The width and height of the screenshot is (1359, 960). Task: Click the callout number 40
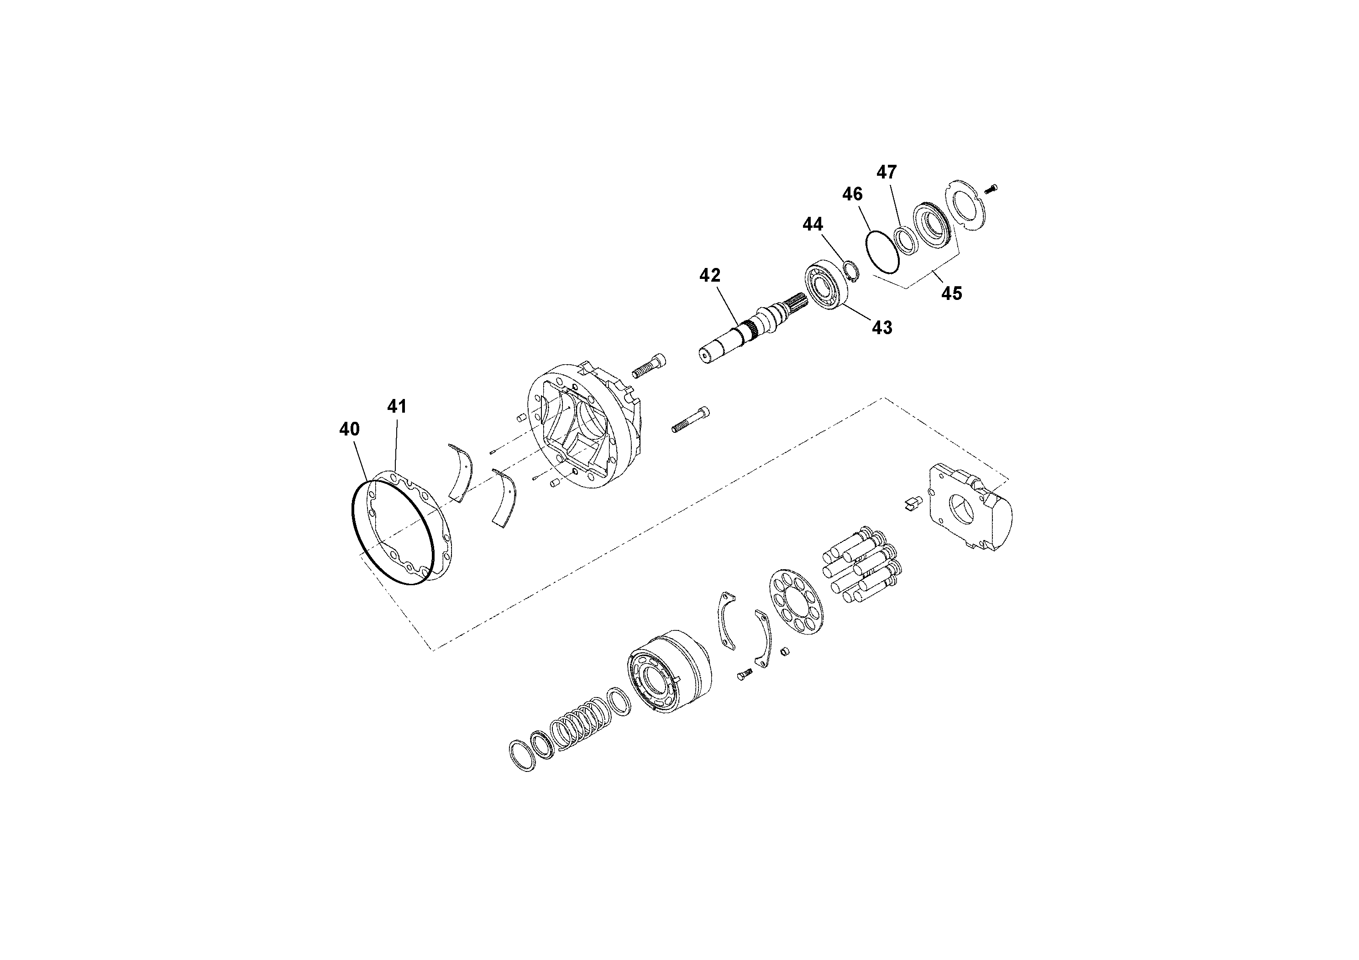point(349,429)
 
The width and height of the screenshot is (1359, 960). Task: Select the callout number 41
point(397,407)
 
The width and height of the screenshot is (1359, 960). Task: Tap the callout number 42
point(710,275)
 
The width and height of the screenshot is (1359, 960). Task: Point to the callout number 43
point(882,327)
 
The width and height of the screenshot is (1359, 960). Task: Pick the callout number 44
point(813,224)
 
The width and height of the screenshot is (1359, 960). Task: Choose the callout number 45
point(951,293)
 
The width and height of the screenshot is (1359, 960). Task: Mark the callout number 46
point(852,194)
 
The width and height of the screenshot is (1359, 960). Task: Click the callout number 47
point(887,172)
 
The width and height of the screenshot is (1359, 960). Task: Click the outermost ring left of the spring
point(522,755)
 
